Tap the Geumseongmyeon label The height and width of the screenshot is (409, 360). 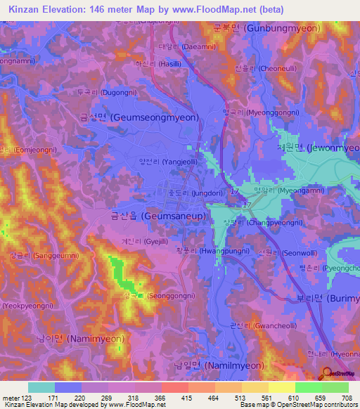[x=147, y=119]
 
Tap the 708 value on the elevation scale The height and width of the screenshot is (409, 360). [x=347, y=398]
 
